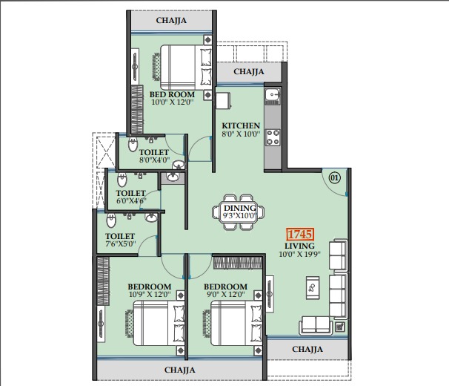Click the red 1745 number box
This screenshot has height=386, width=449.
pos(300,235)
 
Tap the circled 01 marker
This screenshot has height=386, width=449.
pos(334,178)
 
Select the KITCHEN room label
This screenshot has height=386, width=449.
pos(241,125)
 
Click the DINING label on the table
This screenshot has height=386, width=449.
pos(240,208)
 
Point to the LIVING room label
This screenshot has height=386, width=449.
pos(299,246)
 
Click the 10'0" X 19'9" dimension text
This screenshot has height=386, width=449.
pos(299,254)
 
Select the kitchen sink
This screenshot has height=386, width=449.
pos(273,94)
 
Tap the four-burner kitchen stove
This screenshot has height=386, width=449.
pos(273,137)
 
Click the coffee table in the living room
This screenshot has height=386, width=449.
pos(313,288)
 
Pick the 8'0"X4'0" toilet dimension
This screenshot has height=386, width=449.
pos(155,160)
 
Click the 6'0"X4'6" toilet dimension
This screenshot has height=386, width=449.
pos(131,200)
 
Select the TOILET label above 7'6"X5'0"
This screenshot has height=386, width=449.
pos(120,236)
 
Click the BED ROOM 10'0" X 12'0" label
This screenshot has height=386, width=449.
pos(172,98)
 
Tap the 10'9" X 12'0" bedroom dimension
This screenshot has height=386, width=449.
pos(150,294)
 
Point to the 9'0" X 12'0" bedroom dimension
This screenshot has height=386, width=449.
pos(226,294)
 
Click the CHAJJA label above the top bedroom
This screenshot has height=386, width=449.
pos(171,20)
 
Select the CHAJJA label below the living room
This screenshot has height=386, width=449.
pos(307,350)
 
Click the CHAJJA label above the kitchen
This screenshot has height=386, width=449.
pos(248,71)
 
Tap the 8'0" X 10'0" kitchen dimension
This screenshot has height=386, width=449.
pos(241,134)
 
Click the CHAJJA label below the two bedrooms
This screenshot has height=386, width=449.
pos(180,370)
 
